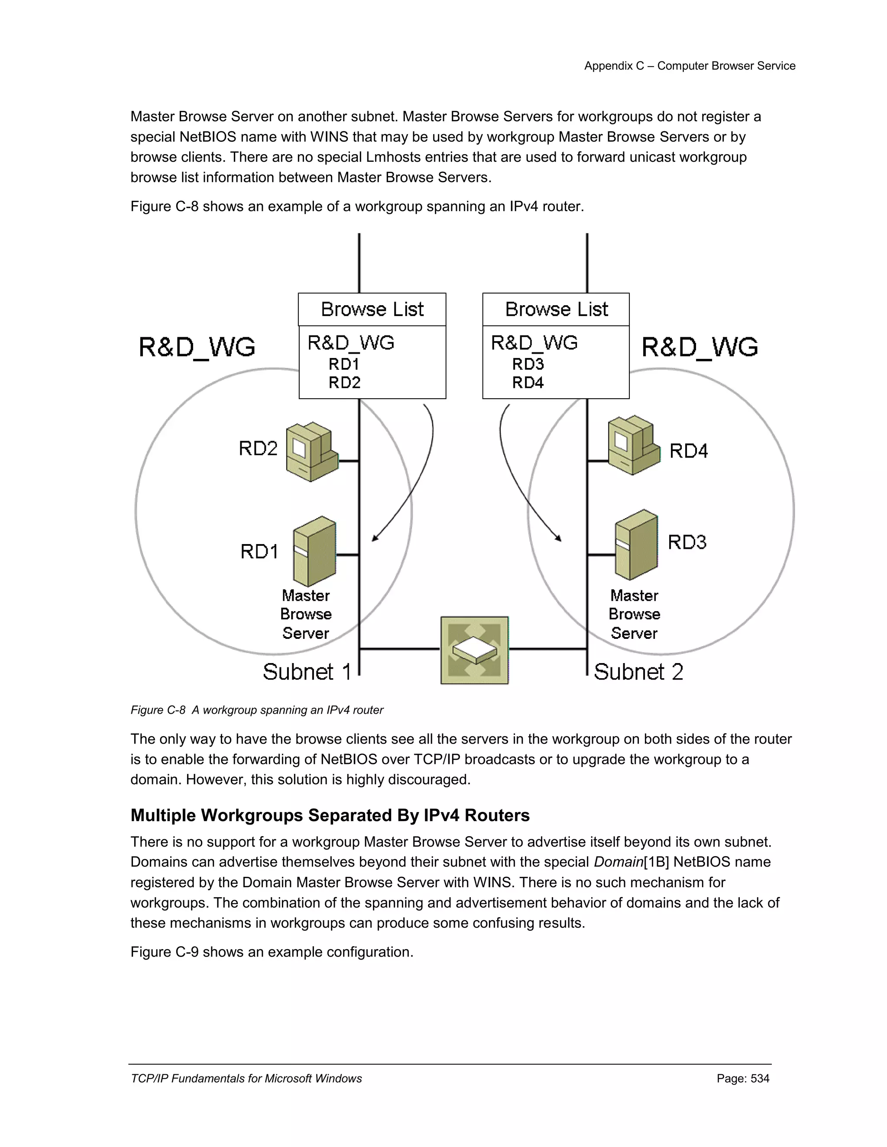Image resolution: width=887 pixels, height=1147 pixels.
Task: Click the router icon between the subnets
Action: point(475,650)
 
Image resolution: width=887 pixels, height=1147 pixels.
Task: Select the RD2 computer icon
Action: point(311,451)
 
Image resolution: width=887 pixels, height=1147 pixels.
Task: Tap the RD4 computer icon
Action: point(633,445)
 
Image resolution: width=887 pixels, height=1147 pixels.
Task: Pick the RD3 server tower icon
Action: point(636,545)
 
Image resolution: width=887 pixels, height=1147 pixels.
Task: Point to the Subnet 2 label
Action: point(638,672)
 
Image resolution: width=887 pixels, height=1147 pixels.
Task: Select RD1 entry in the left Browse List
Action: point(343,364)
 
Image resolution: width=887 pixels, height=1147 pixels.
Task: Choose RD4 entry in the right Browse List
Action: point(528,382)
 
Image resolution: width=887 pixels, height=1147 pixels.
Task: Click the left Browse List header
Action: point(372,309)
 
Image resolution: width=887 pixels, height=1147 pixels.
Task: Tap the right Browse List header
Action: point(556,309)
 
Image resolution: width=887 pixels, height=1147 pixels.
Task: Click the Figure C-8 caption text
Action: point(257,710)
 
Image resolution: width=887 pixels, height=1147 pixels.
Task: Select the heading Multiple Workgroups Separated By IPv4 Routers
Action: point(330,815)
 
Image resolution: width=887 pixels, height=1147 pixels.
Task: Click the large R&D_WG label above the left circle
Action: point(197,347)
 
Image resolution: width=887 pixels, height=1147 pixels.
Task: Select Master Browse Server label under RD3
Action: point(634,614)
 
